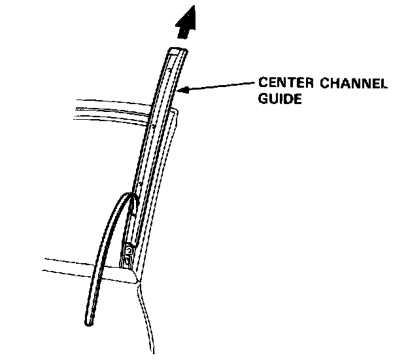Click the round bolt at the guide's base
[129, 251]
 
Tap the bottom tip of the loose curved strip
[89, 322]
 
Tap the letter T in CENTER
[292, 84]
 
